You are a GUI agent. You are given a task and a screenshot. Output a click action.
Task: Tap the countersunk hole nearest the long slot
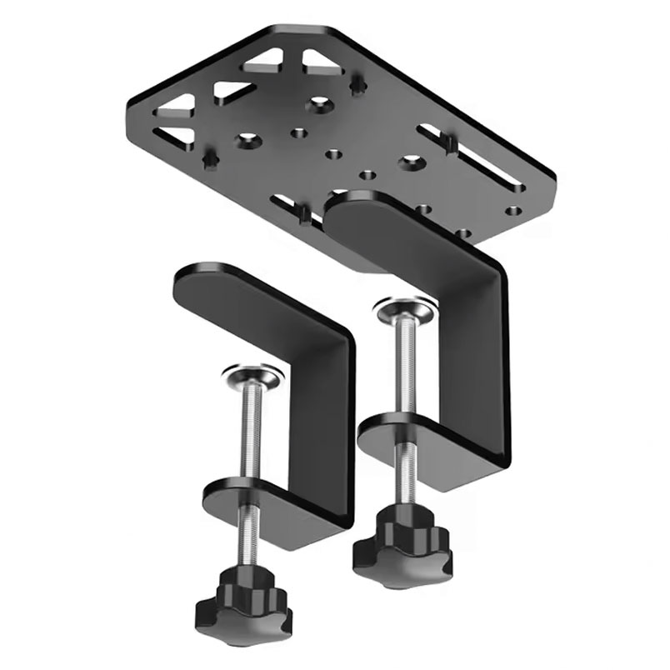(410, 159)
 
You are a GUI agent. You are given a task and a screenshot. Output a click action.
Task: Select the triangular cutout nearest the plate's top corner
(322, 60)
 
